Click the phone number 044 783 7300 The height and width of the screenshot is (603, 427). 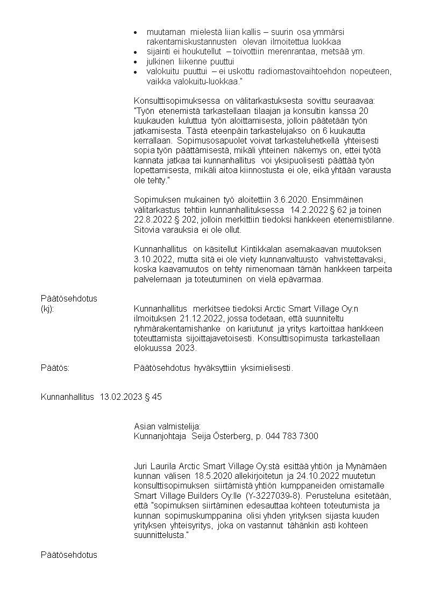tap(293, 436)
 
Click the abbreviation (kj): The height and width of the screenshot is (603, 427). tap(47, 308)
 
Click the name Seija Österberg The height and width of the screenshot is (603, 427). tap(220, 436)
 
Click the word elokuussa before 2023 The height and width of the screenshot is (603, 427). tap(152, 348)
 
